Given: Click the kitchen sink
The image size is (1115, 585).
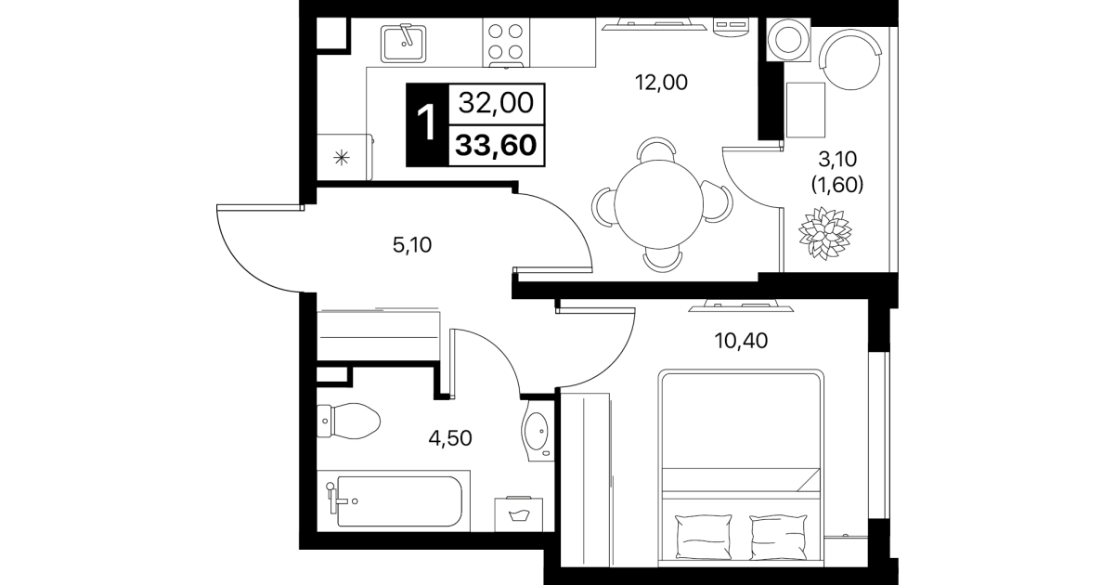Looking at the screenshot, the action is click(403, 44).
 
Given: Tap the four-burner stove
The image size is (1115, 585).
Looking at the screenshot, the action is click(505, 43).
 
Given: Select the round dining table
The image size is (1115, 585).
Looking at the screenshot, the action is click(659, 204).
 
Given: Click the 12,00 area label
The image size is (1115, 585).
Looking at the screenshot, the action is click(661, 83).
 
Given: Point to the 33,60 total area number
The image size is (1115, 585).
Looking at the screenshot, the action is click(496, 146).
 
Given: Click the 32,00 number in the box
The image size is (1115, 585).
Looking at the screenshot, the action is click(496, 103).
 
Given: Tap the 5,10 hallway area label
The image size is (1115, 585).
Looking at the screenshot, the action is click(411, 245).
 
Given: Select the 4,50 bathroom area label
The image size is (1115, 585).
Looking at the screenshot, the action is click(450, 438).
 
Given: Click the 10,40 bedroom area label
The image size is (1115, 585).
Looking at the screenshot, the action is click(741, 341).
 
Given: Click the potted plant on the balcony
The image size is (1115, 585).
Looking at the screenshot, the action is click(824, 233).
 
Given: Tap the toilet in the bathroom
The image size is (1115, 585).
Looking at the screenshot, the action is click(348, 421).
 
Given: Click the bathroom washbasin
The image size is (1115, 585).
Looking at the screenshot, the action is click(538, 431).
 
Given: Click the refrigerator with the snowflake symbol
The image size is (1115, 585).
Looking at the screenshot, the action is click(344, 157).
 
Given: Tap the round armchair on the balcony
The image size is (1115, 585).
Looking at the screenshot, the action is click(850, 59).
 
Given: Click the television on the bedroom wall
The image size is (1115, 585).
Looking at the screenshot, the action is click(741, 306).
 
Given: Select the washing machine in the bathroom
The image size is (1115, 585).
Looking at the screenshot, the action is click(518, 514).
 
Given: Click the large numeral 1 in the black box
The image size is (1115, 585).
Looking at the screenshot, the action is click(426, 123).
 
